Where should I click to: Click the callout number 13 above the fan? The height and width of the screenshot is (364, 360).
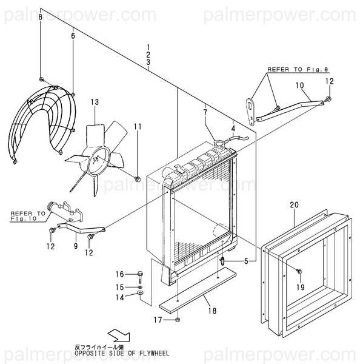[x=95, y=102]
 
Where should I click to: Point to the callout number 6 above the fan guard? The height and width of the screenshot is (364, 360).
[x=73, y=36]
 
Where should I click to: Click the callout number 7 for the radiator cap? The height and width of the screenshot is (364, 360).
[x=205, y=112]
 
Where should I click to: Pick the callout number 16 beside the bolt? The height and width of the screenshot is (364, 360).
[x=120, y=274]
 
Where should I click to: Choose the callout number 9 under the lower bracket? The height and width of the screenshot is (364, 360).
[x=75, y=246]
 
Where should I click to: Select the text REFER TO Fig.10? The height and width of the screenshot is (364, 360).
[x=28, y=217]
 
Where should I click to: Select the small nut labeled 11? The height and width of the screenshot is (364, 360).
[x=138, y=178]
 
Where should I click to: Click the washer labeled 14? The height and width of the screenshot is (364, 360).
[x=141, y=294]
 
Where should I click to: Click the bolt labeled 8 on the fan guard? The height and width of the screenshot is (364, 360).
[x=41, y=79]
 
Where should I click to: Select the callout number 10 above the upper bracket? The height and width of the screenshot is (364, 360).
[x=299, y=86]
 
